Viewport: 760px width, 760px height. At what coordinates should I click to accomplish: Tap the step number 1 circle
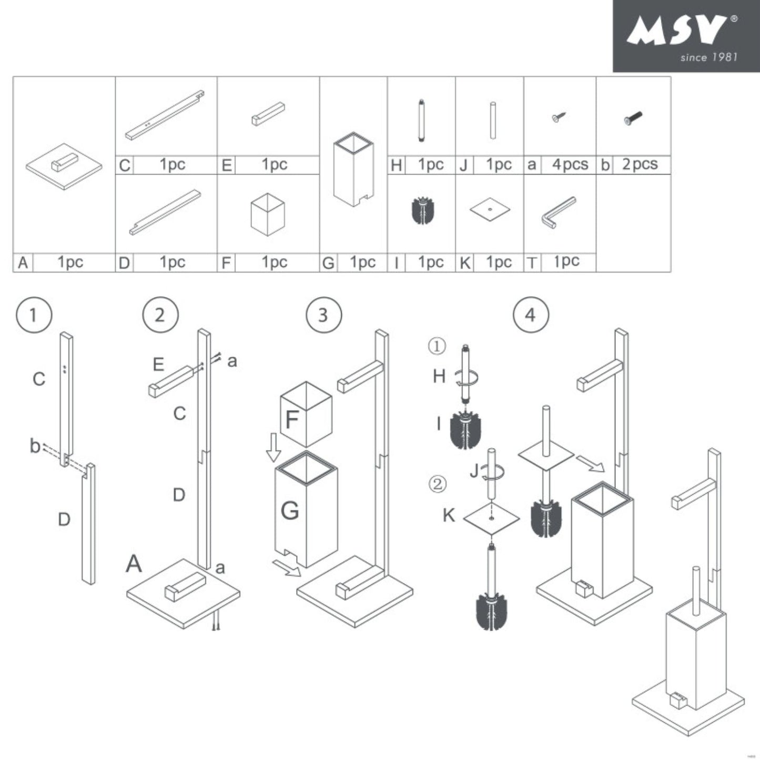pyautogui.click(x=34, y=315)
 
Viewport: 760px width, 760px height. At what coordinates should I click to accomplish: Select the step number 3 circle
pyautogui.click(x=323, y=315)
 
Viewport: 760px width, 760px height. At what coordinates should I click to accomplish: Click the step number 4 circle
pyautogui.click(x=530, y=315)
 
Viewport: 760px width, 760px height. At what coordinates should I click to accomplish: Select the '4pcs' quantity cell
pyautogui.click(x=570, y=165)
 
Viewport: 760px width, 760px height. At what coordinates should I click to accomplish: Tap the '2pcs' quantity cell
pyautogui.click(x=640, y=165)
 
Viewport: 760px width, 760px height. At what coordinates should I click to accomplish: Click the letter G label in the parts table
pyautogui.click(x=328, y=263)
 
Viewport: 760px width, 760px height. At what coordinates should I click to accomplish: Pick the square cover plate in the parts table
pyautogui.click(x=490, y=209)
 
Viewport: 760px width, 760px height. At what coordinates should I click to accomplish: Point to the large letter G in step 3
pyautogui.click(x=290, y=510)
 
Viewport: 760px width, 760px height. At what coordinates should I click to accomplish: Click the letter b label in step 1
pyautogui.click(x=35, y=446)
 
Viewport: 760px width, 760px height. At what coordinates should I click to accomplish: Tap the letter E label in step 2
pyautogui.click(x=158, y=364)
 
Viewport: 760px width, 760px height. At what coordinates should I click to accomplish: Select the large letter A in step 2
pyautogui.click(x=134, y=564)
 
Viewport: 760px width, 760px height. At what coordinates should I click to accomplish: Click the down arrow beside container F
pyautogui.click(x=273, y=447)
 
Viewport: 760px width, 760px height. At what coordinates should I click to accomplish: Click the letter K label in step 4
pyautogui.click(x=449, y=515)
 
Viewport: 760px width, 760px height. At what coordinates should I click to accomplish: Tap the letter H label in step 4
pyautogui.click(x=439, y=376)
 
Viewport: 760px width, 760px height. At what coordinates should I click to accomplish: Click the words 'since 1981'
pyautogui.click(x=708, y=57)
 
